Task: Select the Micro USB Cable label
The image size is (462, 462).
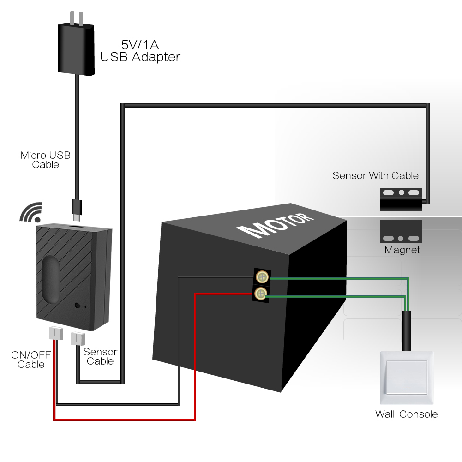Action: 46,160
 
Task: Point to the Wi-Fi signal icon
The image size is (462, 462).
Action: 30,212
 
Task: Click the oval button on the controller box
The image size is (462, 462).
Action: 48,276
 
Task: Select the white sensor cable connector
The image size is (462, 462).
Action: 77,339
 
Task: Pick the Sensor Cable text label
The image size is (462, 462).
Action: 100,356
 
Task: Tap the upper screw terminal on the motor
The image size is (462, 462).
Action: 262,277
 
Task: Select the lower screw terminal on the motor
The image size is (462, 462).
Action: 262,293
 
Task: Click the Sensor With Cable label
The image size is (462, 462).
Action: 375,176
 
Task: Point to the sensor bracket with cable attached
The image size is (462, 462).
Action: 401,198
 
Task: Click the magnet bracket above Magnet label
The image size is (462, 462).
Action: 401,232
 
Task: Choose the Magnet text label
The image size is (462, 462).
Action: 402,251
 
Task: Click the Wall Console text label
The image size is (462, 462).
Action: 406,414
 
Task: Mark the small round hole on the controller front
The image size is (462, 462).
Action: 77,306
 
